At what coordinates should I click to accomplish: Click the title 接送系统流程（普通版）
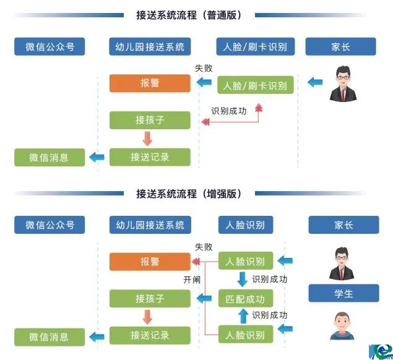[x=188, y=15]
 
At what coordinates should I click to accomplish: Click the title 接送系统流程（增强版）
[x=188, y=194]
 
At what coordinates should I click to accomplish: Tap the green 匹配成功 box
[x=246, y=299]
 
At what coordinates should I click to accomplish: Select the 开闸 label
[x=191, y=280]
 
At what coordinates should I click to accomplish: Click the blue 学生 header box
[x=343, y=293]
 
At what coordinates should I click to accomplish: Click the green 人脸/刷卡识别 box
[x=255, y=85]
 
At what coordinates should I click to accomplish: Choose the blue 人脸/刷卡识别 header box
[x=255, y=47]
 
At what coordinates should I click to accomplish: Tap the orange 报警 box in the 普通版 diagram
[x=150, y=84]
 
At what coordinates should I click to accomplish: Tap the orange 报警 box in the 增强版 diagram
[x=150, y=262]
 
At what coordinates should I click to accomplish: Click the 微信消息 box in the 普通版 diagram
[x=49, y=157]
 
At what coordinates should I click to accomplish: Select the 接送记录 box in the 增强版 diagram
[x=150, y=335]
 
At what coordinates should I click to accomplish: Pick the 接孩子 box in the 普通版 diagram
[x=150, y=120]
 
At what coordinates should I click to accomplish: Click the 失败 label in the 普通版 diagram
[x=204, y=69]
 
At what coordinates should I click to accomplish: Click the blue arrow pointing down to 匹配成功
[x=243, y=280]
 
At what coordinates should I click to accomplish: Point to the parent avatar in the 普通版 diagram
[x=343, y=83]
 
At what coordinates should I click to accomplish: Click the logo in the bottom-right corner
[x=379, y=349]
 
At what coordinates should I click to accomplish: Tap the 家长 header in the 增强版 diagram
[x=343, y=225]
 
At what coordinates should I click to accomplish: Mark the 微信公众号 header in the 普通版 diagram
[x=50, y=47]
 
